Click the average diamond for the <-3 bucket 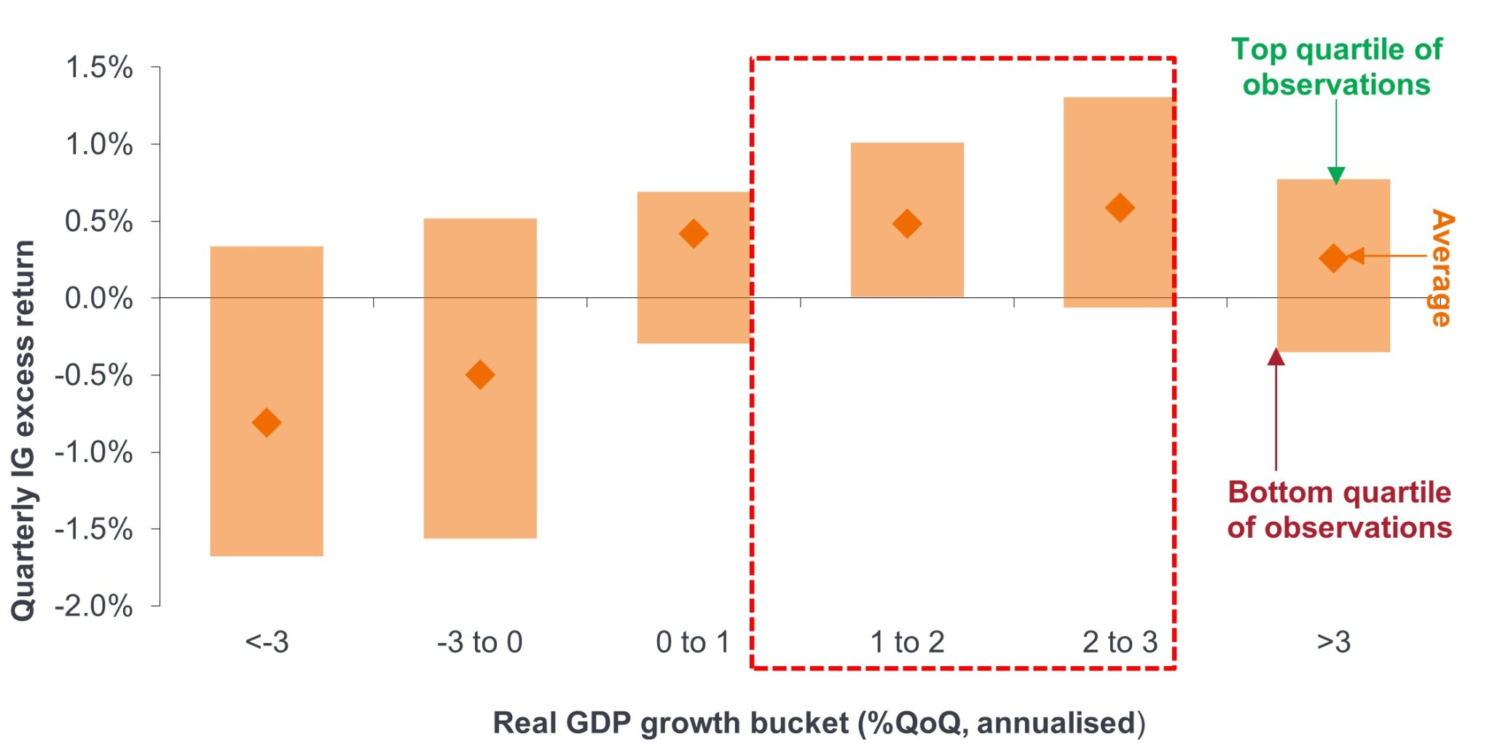(267, 423)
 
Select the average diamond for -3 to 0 (480, 375)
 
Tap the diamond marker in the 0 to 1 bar (694, 234)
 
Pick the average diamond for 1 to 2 (907, 224)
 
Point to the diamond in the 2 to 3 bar (1120, 208)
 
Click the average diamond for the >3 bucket (1333, 258)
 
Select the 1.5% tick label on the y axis (99, 68)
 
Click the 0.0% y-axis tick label (99, 298)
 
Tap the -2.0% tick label (94, 606)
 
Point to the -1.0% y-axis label (94, 453)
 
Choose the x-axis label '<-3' (267, 642)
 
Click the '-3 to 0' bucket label (480, 642)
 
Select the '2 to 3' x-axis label (1120, 642)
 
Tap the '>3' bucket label (1333, 642)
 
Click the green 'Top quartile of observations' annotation (1336, 67)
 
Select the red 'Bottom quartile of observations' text (1339, 509)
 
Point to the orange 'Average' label (1441, 267)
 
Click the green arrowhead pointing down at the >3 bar (1336, 176)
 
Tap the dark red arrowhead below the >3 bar (1276, 357)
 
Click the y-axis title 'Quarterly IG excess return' (23, 430)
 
